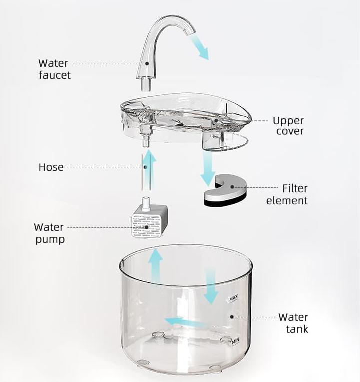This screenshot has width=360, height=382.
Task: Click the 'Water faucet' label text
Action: [54, 69]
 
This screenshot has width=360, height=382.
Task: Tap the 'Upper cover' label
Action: [288, 126]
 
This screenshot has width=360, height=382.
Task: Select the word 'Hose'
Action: [51, 167]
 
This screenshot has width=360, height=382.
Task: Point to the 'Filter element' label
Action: [287, 195]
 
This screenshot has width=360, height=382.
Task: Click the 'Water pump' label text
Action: [49, 233]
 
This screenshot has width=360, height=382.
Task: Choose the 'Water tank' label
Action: [293, 323]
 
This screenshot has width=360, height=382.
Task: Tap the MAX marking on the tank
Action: [234, 298]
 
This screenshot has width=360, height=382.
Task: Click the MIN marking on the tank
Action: [235, 341]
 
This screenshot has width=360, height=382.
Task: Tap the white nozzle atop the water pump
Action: [146, 204]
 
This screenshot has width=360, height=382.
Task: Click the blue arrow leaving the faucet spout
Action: [199, 47]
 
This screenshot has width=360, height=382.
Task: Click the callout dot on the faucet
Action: [147, 63]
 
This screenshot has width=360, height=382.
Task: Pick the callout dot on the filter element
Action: [232, 187]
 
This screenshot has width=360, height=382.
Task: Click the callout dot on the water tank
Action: [232, 317]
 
